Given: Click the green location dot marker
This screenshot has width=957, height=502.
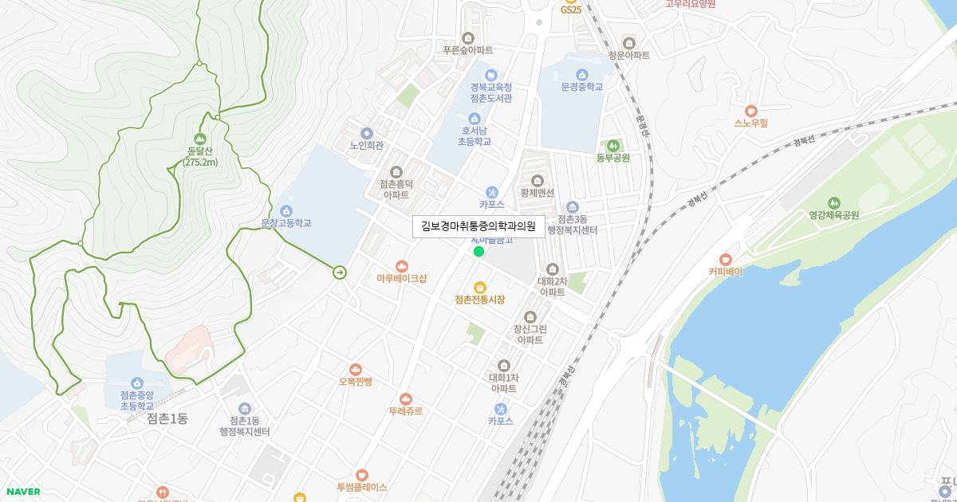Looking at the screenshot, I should coord(478,252).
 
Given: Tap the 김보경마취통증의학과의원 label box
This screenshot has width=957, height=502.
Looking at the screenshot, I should coord(478,226).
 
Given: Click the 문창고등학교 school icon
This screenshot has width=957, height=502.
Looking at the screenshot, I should coord(286,210).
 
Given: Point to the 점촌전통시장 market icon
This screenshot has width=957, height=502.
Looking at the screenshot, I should coord(480,287).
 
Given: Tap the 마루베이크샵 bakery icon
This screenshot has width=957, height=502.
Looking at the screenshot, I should coord(402,266).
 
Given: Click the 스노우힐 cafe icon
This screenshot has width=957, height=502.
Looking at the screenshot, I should coord(750,111).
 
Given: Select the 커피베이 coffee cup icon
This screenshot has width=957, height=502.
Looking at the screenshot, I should coord(725,259).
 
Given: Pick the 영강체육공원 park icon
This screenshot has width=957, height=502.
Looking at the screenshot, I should coord(834,202).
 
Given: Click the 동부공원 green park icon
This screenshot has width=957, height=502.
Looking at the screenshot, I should coord(612,145).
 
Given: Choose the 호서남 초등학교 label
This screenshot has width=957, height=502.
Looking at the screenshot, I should coord(474,135).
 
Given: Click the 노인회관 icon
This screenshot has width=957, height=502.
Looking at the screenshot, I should coord(367,133).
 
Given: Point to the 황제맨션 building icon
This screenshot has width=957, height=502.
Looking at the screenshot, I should coord(537,180).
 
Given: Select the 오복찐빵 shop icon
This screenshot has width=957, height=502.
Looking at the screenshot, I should coord(356,369).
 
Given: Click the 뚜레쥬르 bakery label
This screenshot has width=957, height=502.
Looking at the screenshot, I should coord(406,411).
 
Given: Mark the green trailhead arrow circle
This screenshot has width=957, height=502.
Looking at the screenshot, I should coord(340,273).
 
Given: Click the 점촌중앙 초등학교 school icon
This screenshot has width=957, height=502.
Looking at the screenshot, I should coord(136,383).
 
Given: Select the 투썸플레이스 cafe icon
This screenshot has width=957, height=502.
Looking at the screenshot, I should coord(362,475).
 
